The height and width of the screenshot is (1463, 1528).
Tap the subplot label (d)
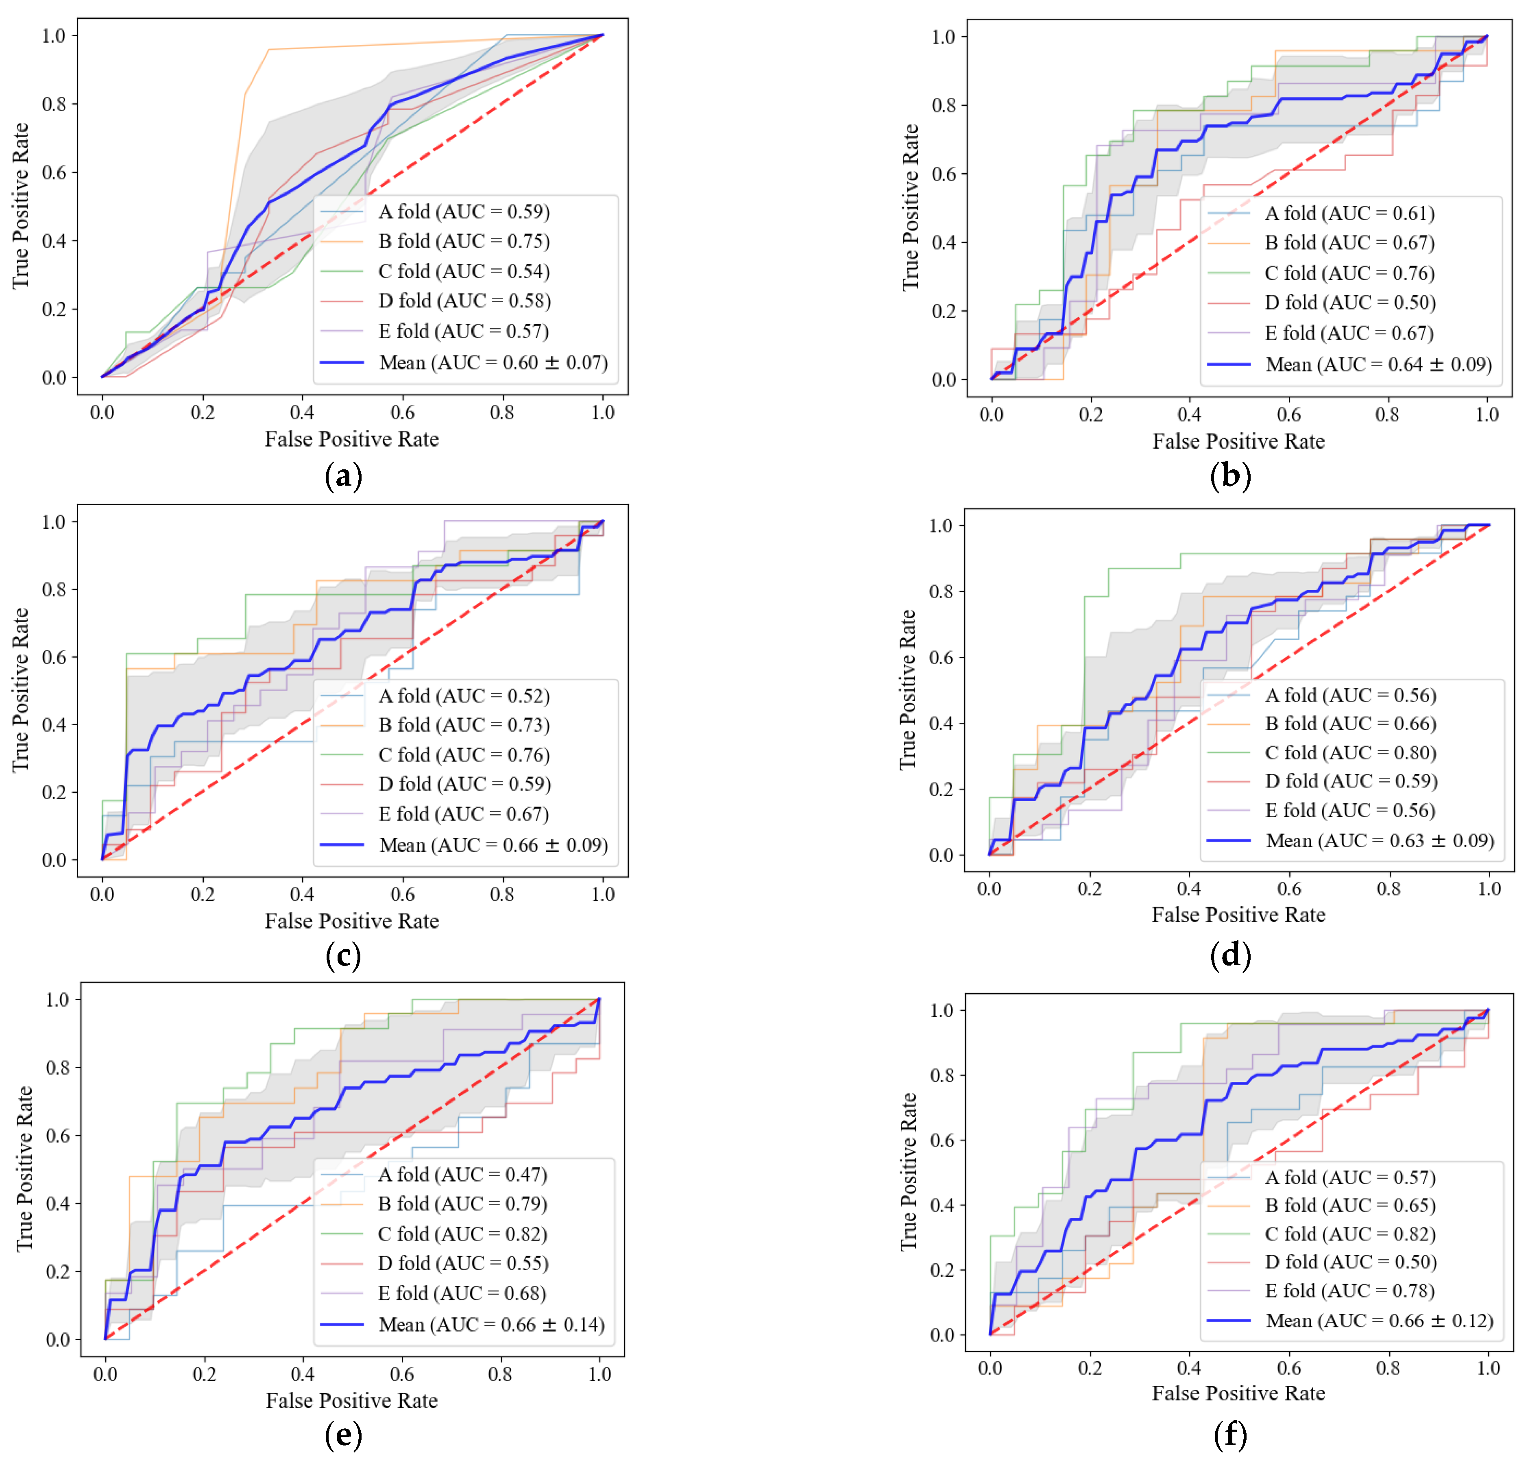(1230, 955)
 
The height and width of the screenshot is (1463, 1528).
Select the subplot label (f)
(1230, 1434)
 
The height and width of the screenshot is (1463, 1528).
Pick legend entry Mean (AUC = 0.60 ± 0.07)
(493, 362)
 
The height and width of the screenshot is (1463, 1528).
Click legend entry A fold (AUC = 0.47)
(462, 1175)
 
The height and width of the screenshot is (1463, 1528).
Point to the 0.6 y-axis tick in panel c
(54, 657)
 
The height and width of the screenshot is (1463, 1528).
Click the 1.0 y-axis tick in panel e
(58, 999)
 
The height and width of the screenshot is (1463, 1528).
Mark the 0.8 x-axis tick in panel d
(1388, 889)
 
